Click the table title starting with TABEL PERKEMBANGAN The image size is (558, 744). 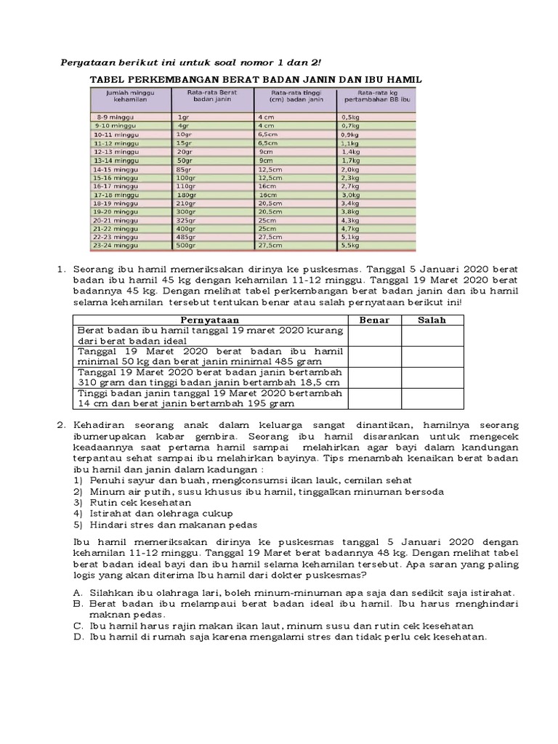click(x=255, y=80)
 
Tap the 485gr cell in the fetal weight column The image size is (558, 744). click(x=187, y=237)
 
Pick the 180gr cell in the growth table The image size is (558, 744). click(x=187, y=195)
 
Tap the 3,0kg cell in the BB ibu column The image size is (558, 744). click(x=350, y=195)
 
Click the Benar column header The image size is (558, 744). click(x=375, y=320)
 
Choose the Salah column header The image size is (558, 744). click(x=432, y=320)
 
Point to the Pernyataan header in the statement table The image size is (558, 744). click(x=209, y=320)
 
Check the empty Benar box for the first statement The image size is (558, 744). click(x=375, y=335)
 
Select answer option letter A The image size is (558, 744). click(x=78, y=591)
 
